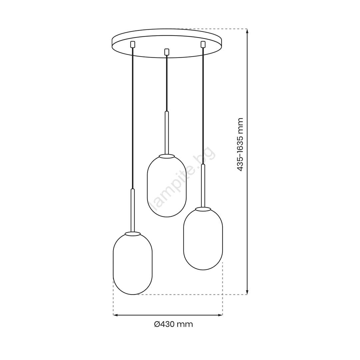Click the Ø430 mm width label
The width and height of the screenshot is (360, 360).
click(x=173, y=324)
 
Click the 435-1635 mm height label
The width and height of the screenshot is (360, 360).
click(x=240, y=144)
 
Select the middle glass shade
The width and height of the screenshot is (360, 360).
click(x=167, y=186)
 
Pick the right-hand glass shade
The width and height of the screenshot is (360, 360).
click(x=203, y=239)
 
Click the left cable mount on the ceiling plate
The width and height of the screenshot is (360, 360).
click(x=132, y=44)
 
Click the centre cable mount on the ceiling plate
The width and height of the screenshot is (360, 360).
click(x=167, y=52)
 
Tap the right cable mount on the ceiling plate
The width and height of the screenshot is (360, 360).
click(x=203, y=44)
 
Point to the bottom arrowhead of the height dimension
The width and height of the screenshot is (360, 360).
click(x=247, y=292)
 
